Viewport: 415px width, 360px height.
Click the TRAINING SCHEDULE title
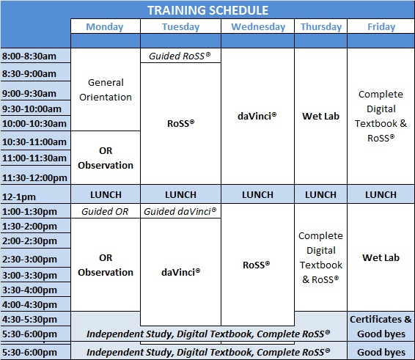(207, 10)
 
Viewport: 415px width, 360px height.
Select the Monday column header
(105, 26)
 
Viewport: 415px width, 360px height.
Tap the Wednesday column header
(258, 26)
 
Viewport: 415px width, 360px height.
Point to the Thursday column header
(321, 26)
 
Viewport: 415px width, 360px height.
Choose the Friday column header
(381, 26)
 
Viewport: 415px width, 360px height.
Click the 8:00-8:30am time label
(29, 56)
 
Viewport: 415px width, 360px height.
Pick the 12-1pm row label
(19, 197)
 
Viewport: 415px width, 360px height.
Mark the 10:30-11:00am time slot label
(34, 142)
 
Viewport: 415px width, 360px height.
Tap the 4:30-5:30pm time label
(29, 319)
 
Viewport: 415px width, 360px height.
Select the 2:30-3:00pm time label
(29, 259)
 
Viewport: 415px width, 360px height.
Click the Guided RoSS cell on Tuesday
(180, 56)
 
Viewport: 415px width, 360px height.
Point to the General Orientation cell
(106, 89)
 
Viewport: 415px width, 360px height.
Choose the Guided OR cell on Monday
(105, 211)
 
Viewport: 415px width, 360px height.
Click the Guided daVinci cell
(180, 211)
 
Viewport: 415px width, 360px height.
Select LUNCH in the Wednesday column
(257, 195)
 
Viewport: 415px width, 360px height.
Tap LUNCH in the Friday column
(381, 195)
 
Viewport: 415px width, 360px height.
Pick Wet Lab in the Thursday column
(320, 116)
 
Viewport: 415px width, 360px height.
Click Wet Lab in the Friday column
(381, 257)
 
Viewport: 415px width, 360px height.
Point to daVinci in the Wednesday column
(257, 116)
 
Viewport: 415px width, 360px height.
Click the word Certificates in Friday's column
(376, 319)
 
